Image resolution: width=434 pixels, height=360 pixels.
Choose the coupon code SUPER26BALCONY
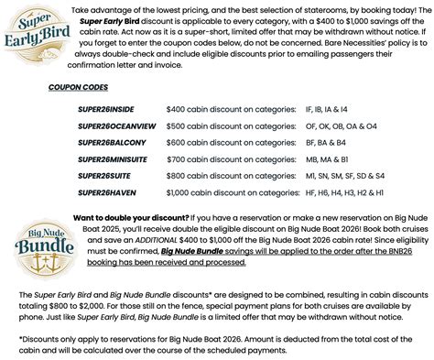click(113, 142)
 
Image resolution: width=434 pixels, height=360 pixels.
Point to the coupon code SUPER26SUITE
click(105, 175)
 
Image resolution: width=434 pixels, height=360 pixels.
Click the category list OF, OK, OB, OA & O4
click(354, 125)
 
